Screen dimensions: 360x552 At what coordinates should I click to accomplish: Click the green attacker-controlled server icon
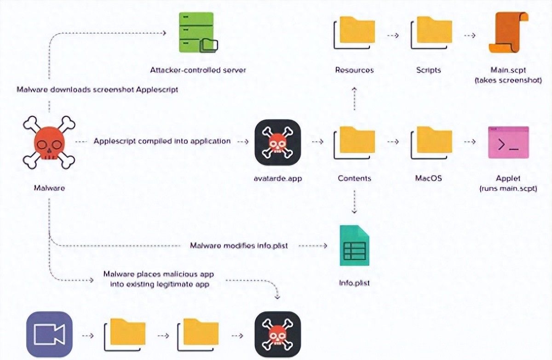point(196,32)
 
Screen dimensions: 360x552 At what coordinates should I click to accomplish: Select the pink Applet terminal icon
point(508,142)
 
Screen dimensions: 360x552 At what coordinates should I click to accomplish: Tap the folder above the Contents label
point(354,142)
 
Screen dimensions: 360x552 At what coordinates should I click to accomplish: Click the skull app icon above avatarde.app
point(278,142)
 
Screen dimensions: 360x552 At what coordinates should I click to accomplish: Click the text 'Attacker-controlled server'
point(198,70)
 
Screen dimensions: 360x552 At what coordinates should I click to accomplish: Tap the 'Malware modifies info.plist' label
point(239,246)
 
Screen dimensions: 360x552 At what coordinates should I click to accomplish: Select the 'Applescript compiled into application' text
point(162,141)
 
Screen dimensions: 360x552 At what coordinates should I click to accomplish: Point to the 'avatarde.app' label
point(277,178)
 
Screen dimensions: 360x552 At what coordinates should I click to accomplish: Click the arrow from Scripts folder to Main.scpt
point(469,35)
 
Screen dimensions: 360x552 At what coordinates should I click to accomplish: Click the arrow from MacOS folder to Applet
point(469,142)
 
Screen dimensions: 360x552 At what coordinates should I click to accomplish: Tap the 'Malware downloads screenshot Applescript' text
point(97,90)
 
